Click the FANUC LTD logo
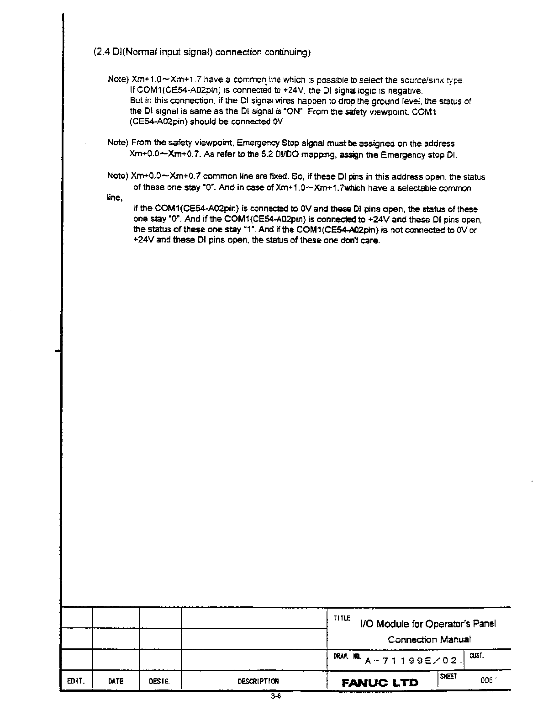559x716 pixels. coord(380,683)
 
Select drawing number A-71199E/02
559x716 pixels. coord(411,660)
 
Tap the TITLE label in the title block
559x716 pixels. coord(342,618)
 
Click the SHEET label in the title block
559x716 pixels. coord(448,676)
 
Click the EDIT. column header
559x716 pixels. coord(75,681)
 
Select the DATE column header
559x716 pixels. coord(116,681)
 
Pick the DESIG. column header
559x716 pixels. coord(159,681)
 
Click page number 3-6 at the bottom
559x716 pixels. coord(275,696)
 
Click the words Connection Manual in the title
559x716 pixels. coord(429,640)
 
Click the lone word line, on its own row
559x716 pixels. coord(115,197)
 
